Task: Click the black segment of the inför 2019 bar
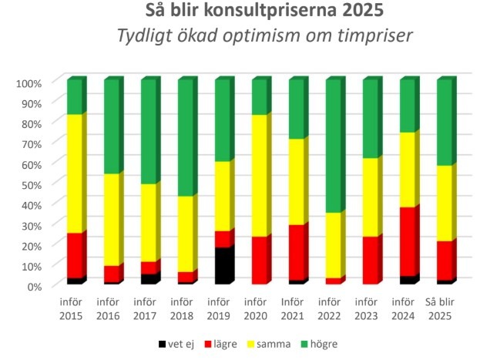[x=223, y=266]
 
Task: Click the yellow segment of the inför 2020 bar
[x=260, y=177]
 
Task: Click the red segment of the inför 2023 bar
[x=371, y=261]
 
